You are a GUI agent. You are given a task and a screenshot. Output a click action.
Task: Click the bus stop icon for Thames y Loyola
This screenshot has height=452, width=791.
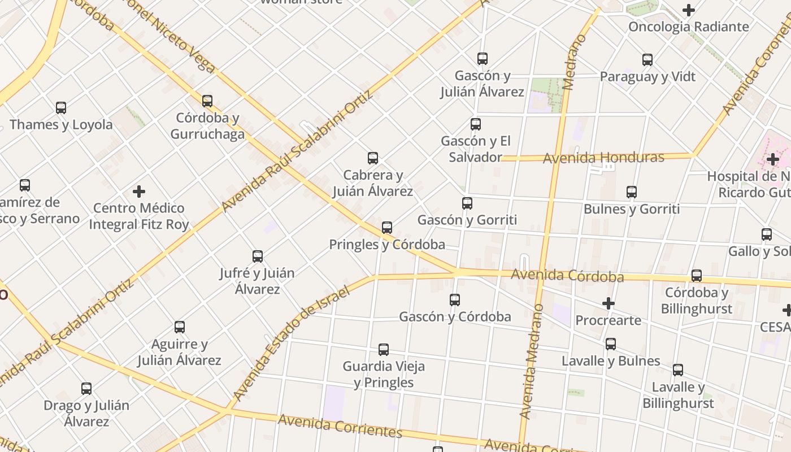[61, 107]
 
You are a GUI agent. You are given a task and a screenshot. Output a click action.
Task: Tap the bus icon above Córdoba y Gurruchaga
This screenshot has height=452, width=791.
[207, 101]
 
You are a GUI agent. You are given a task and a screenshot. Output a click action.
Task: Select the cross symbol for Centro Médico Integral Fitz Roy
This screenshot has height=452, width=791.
[139, 192]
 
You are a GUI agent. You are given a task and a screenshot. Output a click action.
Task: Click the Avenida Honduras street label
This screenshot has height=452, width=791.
[603, 158]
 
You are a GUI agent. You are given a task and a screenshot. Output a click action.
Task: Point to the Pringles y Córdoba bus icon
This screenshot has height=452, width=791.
[387, 228]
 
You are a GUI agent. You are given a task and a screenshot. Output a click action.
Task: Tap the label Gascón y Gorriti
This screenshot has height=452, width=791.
[467, 220]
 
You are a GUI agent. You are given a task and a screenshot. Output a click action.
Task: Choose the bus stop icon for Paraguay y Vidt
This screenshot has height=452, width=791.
[647, 59]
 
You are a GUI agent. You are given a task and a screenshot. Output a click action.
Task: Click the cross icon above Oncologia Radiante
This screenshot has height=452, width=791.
[688, 10]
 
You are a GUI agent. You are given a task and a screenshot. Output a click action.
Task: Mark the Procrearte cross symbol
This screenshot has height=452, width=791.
[608, 303]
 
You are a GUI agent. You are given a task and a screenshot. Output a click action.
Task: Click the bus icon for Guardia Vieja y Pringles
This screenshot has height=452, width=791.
[384, 350]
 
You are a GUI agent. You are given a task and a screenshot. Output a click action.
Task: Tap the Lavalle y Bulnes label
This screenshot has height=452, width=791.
[611, 361]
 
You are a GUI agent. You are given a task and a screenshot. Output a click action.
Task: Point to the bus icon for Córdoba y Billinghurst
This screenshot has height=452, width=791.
[697, 276]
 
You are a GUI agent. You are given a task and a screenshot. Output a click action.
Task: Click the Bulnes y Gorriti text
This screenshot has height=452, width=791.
[631, 209]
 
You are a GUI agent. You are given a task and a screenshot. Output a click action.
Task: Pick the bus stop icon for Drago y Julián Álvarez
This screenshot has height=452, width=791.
[86, 389]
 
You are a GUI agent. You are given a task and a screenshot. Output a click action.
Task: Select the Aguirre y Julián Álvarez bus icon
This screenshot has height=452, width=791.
[180, 327]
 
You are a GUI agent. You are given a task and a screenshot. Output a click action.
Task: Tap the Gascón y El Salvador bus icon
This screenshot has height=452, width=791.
[476, 124]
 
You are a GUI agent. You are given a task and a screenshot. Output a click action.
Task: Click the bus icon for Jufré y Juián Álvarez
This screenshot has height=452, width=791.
[258, 257]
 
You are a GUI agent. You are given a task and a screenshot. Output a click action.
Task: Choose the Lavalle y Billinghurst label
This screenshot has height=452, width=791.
[678, 395]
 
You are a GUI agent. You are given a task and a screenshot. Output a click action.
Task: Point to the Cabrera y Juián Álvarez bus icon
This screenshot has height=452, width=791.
[373, 158]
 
